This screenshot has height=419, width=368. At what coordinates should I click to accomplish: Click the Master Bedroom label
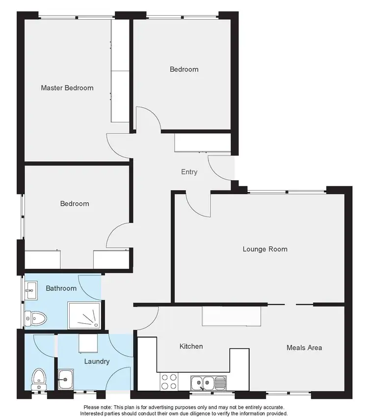point(67,88)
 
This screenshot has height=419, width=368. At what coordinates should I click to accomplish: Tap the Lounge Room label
point(265,249)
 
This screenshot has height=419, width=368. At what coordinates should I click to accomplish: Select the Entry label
point(189,172)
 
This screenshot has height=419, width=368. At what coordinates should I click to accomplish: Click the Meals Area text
point(304,347)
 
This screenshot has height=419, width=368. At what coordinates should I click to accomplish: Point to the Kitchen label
point(191,346)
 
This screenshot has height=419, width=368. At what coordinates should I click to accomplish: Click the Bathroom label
point(61,288)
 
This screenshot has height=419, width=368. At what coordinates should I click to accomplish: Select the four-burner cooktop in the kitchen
point(169,381)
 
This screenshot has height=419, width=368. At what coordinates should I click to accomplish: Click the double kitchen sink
point(208,381)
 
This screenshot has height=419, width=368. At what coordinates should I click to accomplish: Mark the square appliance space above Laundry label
point(90,342)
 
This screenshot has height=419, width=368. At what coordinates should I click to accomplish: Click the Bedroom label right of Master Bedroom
point(184,69)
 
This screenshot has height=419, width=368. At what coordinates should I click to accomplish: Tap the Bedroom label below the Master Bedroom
point(75,203)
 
